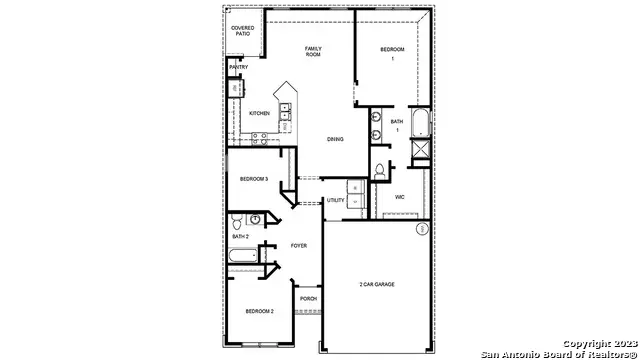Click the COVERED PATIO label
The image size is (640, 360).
(x=243, y=31)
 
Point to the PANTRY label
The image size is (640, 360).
(x=238, y=67)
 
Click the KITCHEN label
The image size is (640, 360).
(x=259, y=113)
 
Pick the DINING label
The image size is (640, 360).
(x=336, y=139)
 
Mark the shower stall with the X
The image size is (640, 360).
(x=420, y=152)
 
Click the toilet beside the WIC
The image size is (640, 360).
(x=380, y=171)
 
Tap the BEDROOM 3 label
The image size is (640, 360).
(x=253, y=179)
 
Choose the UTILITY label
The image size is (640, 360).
(x=336, y=201)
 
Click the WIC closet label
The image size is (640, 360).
(x=399, y=197)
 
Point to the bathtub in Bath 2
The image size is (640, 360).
(x=243, y=260)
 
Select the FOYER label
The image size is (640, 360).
(x=298, y=245)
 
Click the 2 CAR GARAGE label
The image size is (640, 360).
(x=377, y=285)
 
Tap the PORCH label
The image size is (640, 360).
(x=308, y=298)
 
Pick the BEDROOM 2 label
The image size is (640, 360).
(x=260, y=312)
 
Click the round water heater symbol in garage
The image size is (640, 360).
(x=422, y=229)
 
